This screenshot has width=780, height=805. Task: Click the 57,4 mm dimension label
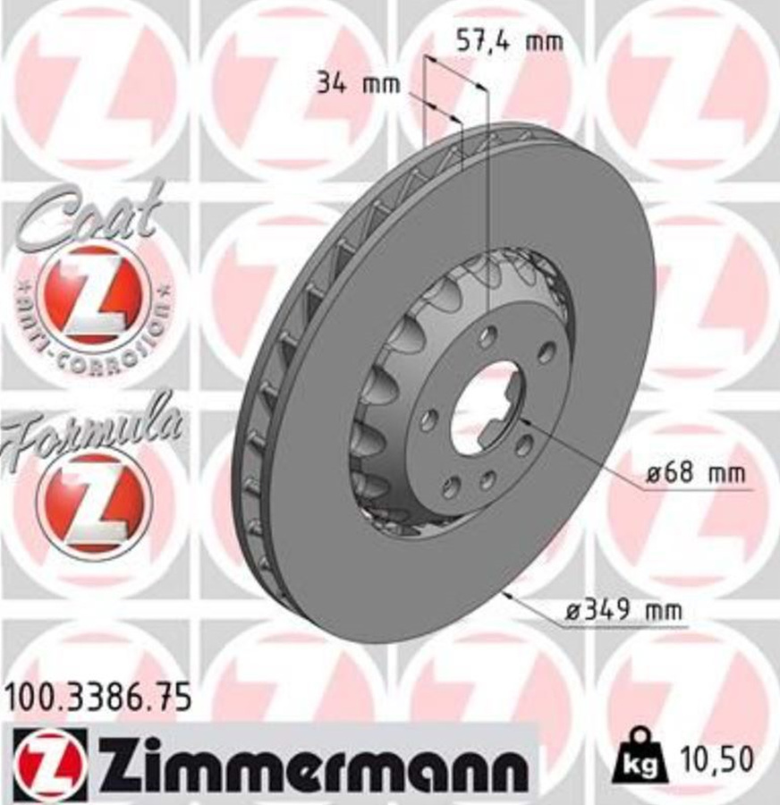(x=510, y=41)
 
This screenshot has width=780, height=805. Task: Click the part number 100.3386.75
(x=98, y=697)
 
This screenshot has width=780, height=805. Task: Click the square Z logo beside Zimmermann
(x=50, y=763)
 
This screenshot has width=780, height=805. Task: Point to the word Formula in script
(x=94, y=430)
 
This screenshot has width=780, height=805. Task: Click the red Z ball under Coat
(x=93, y=295)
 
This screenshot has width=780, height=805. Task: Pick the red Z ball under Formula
(x=93, y=501)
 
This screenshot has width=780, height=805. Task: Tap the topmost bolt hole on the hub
(x=487, y=337)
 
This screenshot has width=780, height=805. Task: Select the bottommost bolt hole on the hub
(x=487, y=480)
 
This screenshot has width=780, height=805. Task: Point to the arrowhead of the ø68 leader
(x=522, y=418)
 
